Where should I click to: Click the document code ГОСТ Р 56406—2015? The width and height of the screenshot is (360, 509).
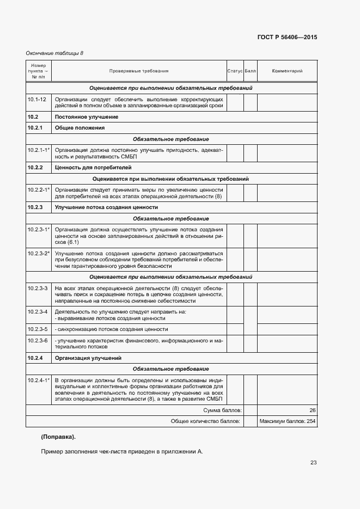[287, 38]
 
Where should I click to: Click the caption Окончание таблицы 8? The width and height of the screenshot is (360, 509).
[55, 53]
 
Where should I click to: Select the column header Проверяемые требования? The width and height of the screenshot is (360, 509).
[138, 71]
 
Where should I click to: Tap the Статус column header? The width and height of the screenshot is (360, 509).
[235, 71]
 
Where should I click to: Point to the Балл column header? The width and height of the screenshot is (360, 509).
[250, 71]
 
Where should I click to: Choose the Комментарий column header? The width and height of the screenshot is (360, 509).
[287, 71]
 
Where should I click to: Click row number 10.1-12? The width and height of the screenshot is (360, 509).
[36, 99]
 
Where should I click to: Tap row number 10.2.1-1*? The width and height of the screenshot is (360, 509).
[39, 149]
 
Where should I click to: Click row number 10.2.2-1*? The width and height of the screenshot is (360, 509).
[39, 189]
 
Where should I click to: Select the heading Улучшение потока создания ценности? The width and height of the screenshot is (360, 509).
[106, 207]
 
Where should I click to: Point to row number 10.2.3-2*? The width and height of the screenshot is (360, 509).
[39, 254]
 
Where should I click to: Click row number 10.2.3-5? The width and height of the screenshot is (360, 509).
[38, 329]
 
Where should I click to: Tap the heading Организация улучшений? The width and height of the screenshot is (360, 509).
[88, 358]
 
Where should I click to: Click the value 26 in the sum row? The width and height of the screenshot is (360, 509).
[312, 410]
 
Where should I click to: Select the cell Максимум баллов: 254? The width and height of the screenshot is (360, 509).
[287, 421]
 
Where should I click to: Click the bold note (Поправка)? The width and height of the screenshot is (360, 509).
[58, 437]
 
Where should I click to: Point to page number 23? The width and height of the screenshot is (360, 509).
[313, 463]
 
